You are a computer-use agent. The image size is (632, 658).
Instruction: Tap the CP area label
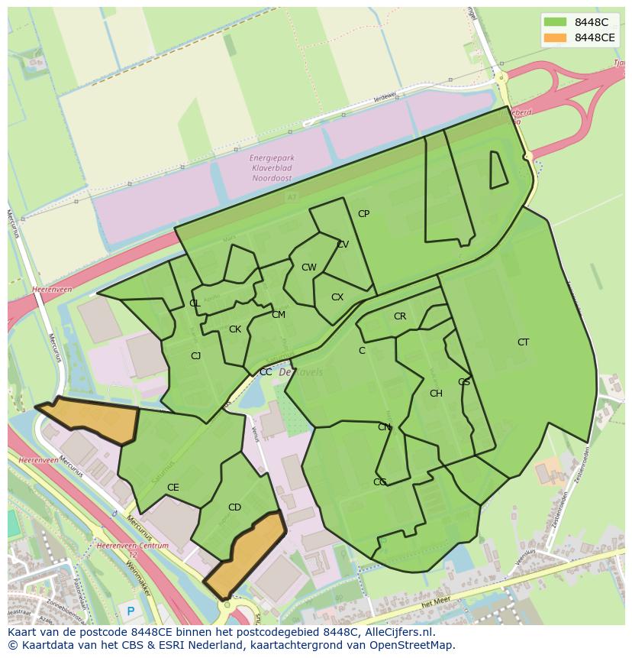(363, 214)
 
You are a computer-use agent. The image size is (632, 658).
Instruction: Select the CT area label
(523, 342)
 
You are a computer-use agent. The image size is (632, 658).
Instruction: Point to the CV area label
(343, 245)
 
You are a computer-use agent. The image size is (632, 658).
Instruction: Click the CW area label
(308, 267)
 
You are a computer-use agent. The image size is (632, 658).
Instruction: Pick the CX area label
(337, 297)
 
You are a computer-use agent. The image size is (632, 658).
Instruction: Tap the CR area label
(400, 316)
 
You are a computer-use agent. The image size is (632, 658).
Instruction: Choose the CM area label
(279, 315)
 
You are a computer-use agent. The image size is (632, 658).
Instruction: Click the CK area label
(235, 329)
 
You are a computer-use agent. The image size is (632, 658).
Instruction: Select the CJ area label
(196, 355)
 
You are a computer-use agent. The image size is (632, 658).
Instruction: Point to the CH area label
(436, 394)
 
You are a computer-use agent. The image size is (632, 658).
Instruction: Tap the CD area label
(234, 507)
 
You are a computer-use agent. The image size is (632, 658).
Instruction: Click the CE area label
(173, 488)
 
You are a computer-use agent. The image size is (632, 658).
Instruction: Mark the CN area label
(384, 427)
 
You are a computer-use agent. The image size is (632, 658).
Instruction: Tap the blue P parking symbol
(131, 611)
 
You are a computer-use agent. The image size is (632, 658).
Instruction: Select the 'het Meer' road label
(436, 603)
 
